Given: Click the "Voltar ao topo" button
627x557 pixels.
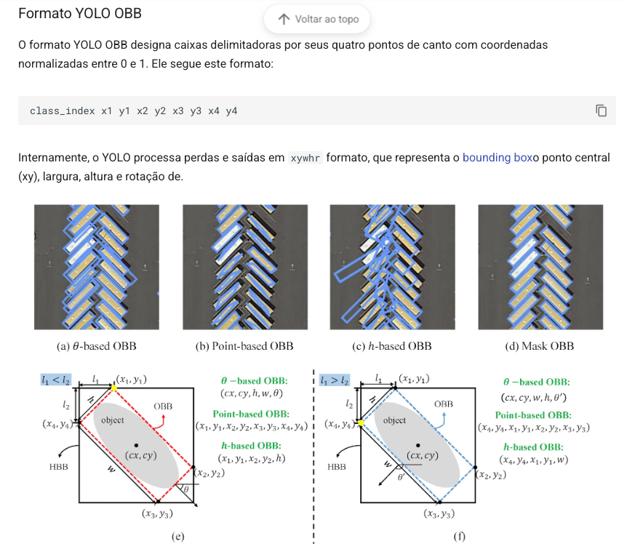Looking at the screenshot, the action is [316, 19].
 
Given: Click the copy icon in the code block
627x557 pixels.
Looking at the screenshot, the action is [601, 111].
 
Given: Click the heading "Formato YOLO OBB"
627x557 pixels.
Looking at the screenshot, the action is [80, 13].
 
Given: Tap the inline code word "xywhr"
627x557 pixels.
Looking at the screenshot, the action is [305, 159].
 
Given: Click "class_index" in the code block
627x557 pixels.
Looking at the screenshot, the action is [63, 111].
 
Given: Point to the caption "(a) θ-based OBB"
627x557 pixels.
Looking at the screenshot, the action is [96, 346].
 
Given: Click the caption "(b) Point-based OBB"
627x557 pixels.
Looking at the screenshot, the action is [244, 346].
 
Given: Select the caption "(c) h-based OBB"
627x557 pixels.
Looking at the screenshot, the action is [392, 346].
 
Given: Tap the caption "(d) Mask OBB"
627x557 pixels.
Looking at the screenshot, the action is [540, 346].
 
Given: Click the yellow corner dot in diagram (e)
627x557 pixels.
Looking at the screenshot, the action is [114, 388].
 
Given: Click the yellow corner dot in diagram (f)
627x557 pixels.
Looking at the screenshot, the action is [361, 422].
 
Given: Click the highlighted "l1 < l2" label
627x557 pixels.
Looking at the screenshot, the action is [56, 380].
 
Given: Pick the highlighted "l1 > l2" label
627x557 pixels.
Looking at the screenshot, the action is [335, 380].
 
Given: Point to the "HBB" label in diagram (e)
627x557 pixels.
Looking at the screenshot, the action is [59, 467].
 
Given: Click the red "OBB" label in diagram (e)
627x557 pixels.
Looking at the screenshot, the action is [163, 406].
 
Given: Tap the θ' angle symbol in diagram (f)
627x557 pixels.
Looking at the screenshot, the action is [402, 476].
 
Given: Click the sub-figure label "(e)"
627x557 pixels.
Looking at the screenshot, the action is [178, 536].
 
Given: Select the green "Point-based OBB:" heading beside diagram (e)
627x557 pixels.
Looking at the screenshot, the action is [251, 414].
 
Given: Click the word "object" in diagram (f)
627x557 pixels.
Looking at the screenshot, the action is [394, 420].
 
